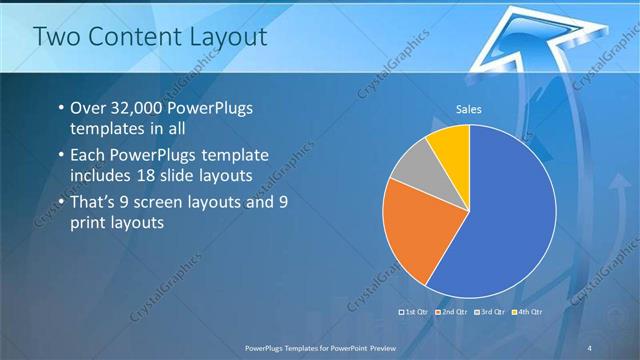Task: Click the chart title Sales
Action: (x=469, y=110)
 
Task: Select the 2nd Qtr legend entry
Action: (x=452, y=313)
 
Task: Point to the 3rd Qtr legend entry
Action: (x=489, y=313)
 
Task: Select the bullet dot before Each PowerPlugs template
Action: (x=61, y=156)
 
